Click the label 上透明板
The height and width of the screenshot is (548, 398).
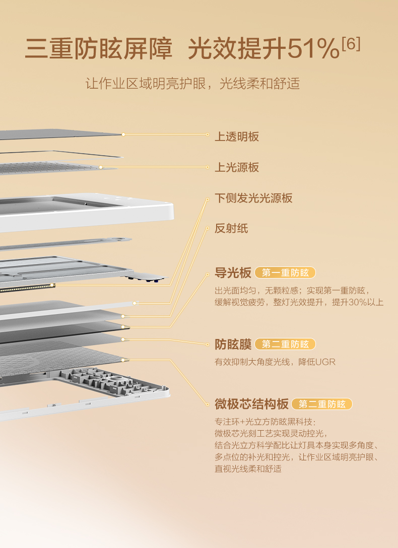[x=237, y=136]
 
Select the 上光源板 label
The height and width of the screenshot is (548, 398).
[x=237, y=167]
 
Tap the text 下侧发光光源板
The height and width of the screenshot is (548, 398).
[x=253, y=198]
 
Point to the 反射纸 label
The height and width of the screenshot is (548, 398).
[x=231, y=229]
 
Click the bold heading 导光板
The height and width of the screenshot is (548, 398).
[x=233, y=273]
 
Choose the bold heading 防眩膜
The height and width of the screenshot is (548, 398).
[x=233, y=345]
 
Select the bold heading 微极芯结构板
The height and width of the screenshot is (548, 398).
[x=251, y=404]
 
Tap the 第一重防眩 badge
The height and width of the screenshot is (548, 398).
[x=285, y=273]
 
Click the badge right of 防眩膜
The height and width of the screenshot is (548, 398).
[x=285, y=345]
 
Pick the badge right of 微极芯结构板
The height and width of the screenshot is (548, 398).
[x=322, y=404]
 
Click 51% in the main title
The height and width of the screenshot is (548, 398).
[x=313, y=50]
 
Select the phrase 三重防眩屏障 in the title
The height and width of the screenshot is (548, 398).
[x=99, y=50]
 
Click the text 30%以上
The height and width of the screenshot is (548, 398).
[x=366, y=302]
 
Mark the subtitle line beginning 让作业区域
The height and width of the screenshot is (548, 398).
[x=192, y=83]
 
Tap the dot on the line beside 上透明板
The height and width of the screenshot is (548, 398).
[x=207, y=134]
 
